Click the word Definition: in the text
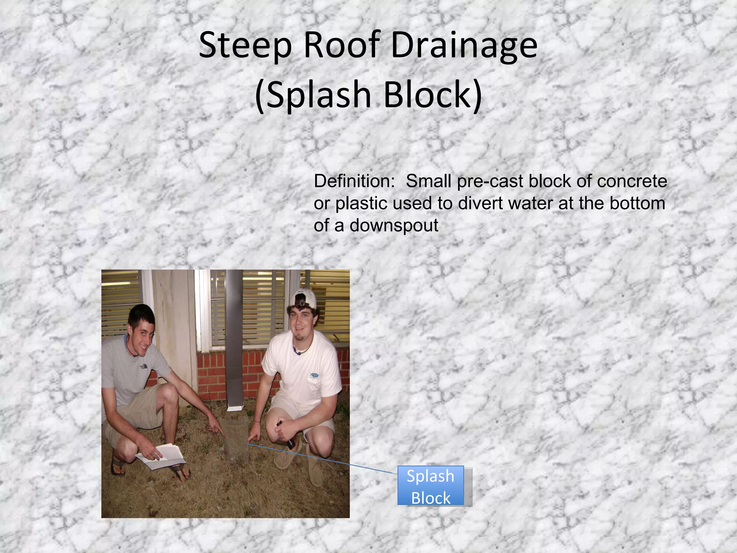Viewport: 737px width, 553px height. tap(354, 181)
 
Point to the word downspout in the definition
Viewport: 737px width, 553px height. tap(394, 226)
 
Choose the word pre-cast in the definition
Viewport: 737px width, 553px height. tap(490, 181)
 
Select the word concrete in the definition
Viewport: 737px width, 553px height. tap(632, 181)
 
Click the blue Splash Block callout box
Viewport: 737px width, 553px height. tap(431, 486)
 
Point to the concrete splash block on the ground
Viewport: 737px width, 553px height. tap(236, 441)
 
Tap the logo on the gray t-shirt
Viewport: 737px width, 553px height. tap(144, 367)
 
